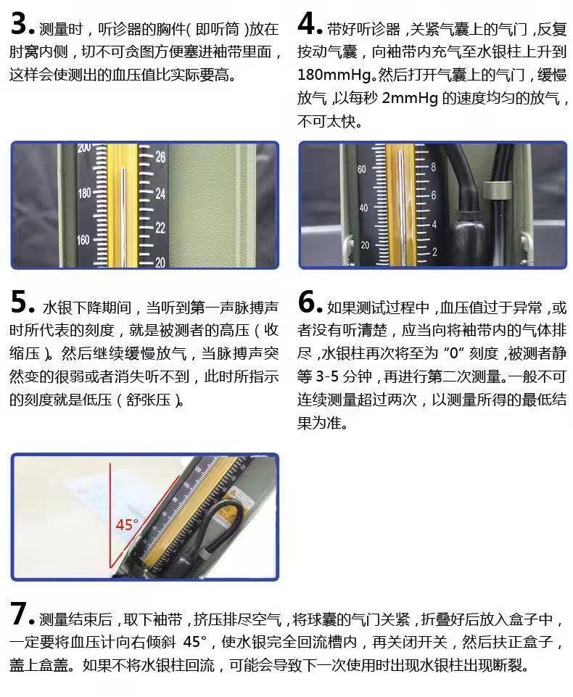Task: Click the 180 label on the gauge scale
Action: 84,194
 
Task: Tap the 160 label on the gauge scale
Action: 83,240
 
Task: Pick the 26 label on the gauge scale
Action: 160,157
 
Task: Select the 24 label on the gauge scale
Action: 160,194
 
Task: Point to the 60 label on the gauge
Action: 362,170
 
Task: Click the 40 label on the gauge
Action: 363,207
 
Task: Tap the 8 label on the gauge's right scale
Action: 433,167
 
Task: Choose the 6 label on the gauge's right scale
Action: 434,195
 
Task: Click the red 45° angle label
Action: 127,524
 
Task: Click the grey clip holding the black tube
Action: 495,190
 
